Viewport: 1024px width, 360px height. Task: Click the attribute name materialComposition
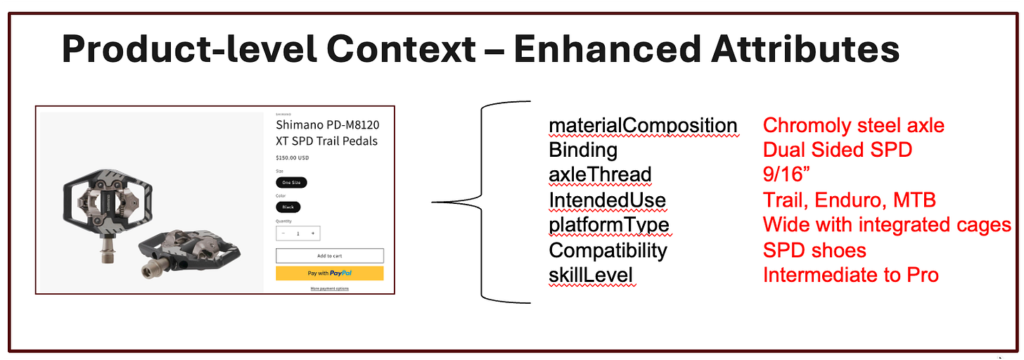point(643,126)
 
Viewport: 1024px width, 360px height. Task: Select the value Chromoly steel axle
point(853,126)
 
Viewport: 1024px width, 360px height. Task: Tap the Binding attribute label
point(583,150)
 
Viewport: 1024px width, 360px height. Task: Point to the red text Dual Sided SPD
point(838,150)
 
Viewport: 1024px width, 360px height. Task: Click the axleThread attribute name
point(600,174)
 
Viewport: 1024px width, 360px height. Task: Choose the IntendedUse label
point(607,200)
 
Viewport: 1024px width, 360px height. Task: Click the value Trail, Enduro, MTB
point(849,200)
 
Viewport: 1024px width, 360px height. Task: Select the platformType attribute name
point(609,225)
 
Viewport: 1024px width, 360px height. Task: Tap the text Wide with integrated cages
point(887,225)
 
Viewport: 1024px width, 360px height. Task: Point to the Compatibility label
point(608,250)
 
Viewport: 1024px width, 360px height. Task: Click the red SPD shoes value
point(814,250)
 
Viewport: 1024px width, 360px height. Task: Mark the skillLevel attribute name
point(591,275)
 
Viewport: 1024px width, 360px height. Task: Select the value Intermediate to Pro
point(850,275)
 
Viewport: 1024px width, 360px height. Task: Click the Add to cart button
point(329,256)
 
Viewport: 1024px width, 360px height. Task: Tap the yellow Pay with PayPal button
point(329,274)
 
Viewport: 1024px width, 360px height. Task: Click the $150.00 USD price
point(293,157)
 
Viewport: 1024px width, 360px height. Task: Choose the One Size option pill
point(291,182)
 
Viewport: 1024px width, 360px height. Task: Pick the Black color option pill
point(288,207)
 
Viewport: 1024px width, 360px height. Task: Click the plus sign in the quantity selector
point(313,233)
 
